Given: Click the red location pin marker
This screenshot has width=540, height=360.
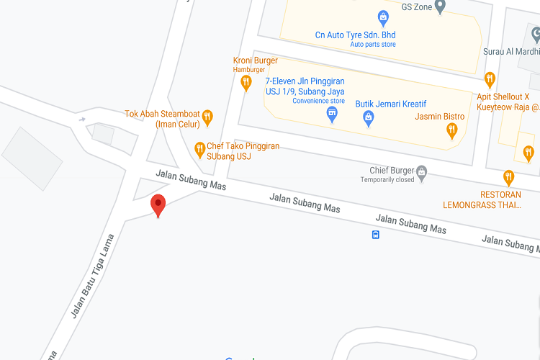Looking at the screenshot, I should (158, 205).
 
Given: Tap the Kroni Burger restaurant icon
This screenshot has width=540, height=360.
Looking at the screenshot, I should (246, 82).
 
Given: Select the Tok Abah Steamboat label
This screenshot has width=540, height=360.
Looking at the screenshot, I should (162, 118).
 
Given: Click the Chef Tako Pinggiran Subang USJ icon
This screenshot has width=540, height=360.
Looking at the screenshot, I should (199, 149).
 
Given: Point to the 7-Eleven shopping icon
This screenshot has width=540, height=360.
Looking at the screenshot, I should (332, 114).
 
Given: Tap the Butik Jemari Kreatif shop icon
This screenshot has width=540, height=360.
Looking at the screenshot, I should (368, 117).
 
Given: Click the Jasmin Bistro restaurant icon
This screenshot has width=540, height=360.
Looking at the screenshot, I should (452, 130).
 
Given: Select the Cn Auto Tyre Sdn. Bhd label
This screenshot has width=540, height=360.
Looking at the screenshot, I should (355, 35).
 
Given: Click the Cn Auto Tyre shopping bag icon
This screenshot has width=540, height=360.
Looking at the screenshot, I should (383, 17).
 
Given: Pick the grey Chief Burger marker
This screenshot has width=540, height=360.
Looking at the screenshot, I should (422, 171).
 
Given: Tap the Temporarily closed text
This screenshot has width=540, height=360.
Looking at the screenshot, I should (387, 180).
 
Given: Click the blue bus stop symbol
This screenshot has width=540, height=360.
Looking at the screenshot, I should (375, 234).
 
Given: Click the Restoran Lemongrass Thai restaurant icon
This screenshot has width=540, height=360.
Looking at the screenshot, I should (509, 176).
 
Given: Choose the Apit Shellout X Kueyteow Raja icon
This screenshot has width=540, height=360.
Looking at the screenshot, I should (490, 78).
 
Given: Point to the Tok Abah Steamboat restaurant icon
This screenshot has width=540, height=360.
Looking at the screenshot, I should (207, 116).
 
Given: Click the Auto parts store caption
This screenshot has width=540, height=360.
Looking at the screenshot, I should (373, 45).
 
